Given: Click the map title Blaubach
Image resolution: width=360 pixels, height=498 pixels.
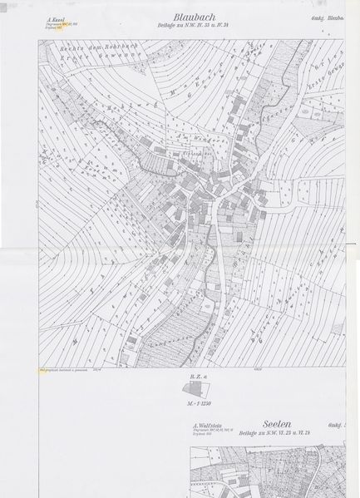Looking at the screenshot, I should pyautogui.click(x=197, y=17).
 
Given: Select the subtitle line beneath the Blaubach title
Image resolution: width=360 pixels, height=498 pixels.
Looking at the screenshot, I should pyautogui.click(x=198, y=26).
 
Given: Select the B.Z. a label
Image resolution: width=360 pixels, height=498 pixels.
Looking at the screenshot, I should pyautogui.click(x=196, y=376).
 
